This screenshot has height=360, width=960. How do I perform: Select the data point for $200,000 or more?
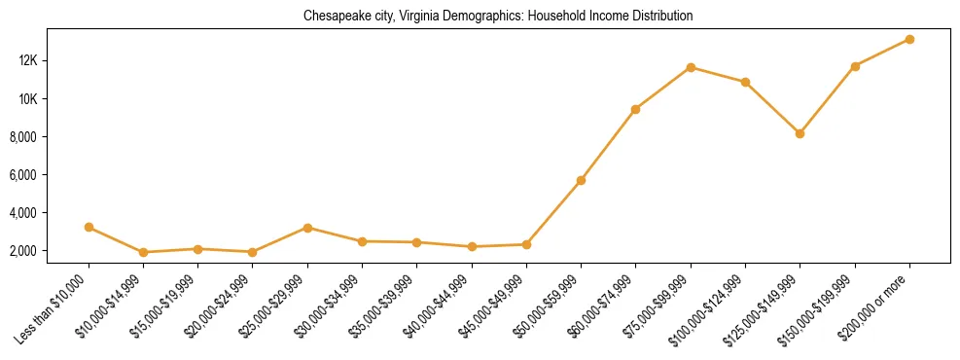(909, 39)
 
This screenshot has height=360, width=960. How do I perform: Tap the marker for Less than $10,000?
(89, 227)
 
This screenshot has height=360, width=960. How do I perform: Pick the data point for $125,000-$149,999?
(800, 133)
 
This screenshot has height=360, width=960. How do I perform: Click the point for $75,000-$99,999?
(691, 67)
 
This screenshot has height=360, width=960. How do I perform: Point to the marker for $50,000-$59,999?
(581, 180)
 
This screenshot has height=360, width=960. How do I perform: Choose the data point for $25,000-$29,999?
(307, 228)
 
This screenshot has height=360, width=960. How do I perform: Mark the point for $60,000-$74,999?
(635, 109)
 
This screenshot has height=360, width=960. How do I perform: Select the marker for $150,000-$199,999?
(855, 66)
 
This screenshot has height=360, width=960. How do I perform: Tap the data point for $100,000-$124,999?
(745, 82)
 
